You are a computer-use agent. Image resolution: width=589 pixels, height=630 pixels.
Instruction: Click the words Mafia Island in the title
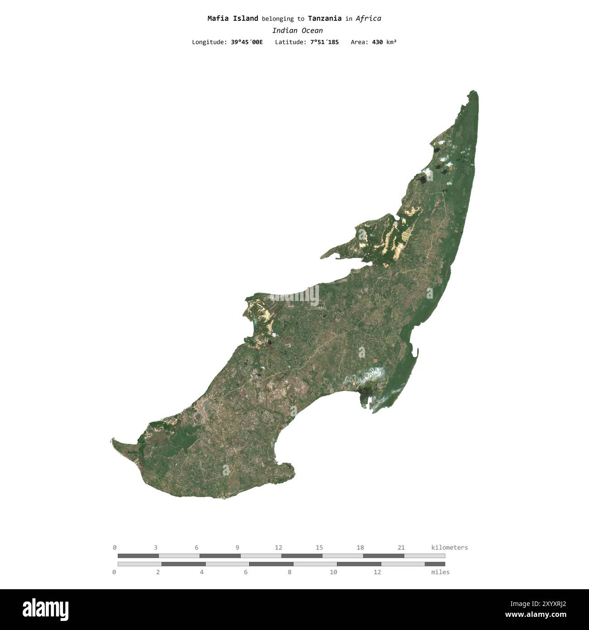point(232,19)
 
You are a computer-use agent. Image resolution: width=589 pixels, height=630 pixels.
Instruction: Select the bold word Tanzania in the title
point(324,19)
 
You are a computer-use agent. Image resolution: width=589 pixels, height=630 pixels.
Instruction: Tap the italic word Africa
point(368,19)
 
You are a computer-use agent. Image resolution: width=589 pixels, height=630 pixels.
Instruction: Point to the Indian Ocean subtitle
point(297,31)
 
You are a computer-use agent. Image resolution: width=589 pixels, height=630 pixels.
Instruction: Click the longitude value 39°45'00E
point(246,42)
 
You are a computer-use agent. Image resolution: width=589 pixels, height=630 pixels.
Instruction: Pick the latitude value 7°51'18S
point(324,42)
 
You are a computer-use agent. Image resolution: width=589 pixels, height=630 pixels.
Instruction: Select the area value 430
point(377,42)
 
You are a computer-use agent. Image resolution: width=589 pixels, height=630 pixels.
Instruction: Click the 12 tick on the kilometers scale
point(278,548)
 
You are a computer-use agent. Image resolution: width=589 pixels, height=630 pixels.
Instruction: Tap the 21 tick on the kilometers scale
point(401,548)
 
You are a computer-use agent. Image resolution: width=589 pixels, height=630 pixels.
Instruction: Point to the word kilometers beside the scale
point(449,548)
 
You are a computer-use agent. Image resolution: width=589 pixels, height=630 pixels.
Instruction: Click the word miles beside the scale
point(440,572)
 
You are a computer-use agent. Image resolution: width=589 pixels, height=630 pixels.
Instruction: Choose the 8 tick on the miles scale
point(290,572)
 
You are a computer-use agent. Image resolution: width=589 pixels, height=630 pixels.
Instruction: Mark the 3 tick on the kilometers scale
point(155,548)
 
